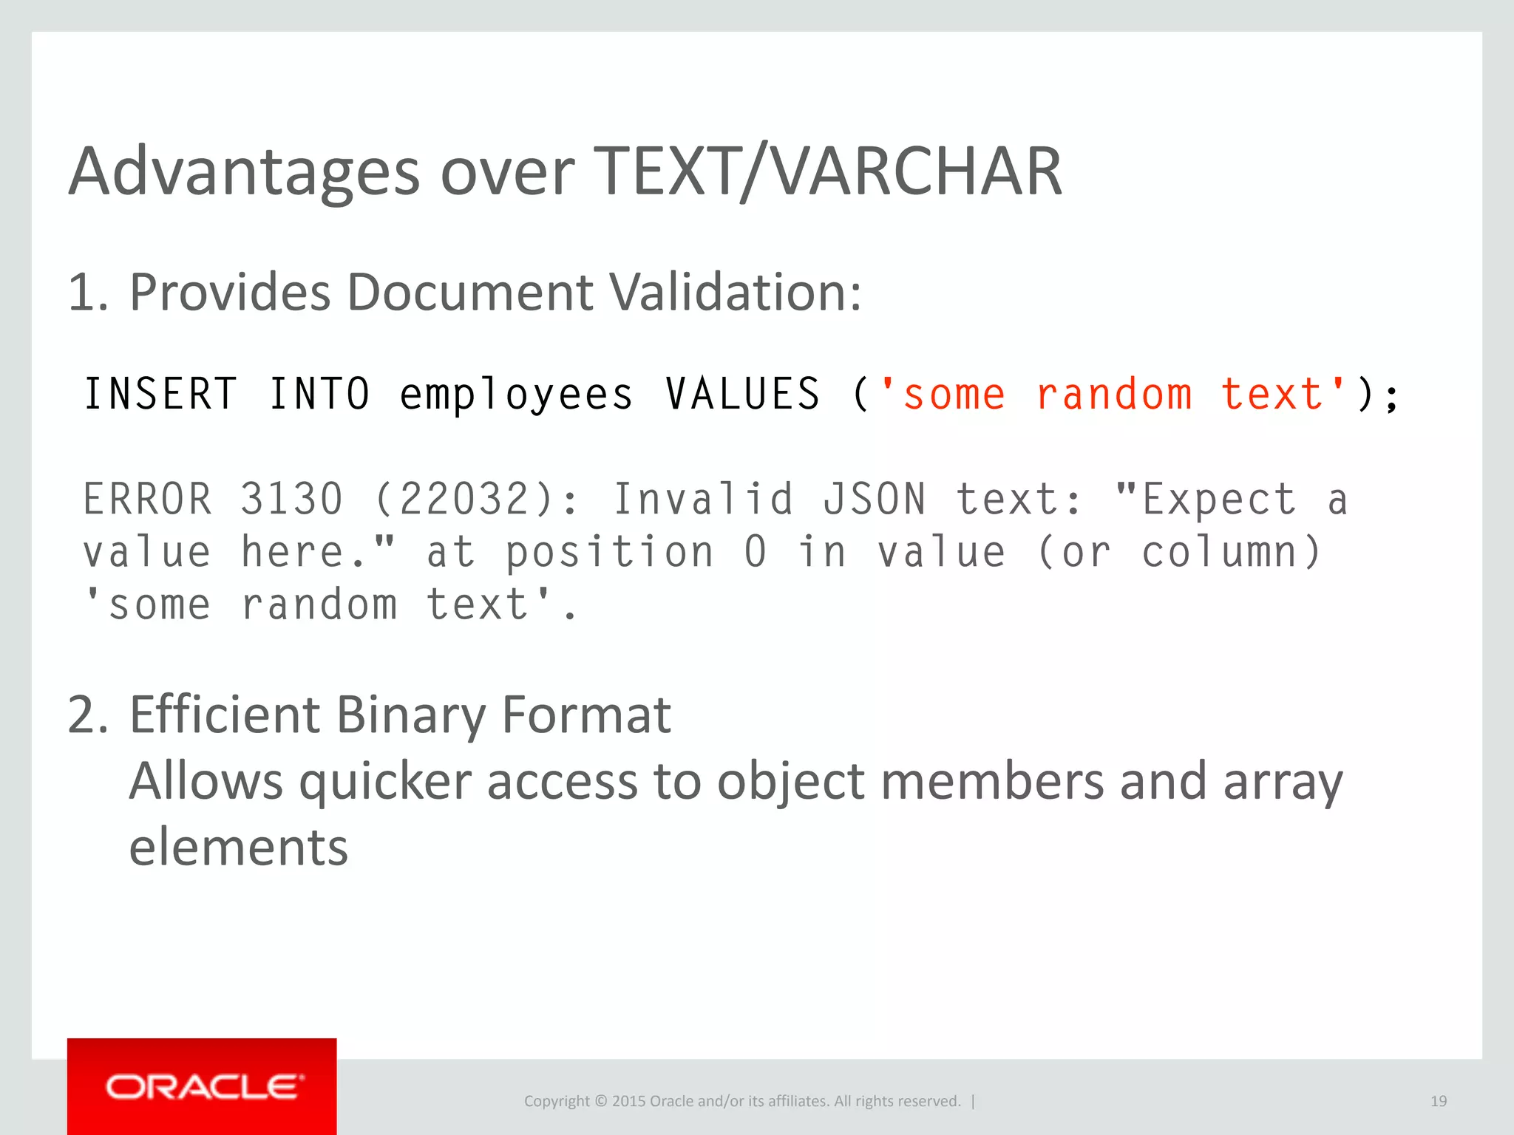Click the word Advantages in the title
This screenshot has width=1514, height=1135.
tap(244, 172)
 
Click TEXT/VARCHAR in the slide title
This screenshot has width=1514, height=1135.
tap(828, 172)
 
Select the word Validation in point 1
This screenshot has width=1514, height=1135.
tap(736, 293)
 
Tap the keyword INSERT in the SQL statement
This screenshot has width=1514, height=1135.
tap(160, 393)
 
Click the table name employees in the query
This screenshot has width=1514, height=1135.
tap(516, 395)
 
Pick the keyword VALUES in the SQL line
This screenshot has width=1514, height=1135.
tap(743, 393)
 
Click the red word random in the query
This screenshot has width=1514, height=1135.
tap(1114, 393)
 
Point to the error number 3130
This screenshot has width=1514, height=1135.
tap(292, 499)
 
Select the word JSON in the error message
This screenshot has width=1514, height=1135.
tap(875, 499)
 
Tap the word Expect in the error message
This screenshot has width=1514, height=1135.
tap(1219, 499)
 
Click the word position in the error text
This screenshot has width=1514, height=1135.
tap(610, 552)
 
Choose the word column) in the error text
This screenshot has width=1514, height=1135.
tap(1232, 552)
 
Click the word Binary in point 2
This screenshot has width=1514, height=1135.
tap(410, 715)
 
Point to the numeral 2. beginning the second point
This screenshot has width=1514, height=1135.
tap(88, 715)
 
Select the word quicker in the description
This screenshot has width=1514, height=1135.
tap(385, 782)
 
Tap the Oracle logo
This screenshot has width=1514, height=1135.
tap(202, 1086)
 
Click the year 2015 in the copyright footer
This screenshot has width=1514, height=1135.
tap(628, 1101)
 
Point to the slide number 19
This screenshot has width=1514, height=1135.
tap(1438, 1101)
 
